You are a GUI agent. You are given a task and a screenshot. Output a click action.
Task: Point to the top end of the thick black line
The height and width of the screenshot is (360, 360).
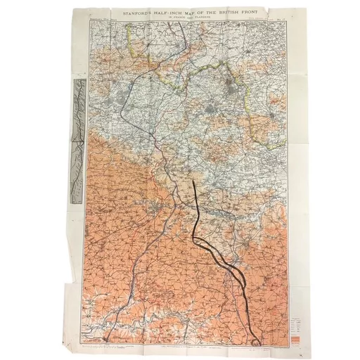click(194, 181)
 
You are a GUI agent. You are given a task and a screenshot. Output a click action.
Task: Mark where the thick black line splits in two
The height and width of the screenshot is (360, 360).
click(199, 238)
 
